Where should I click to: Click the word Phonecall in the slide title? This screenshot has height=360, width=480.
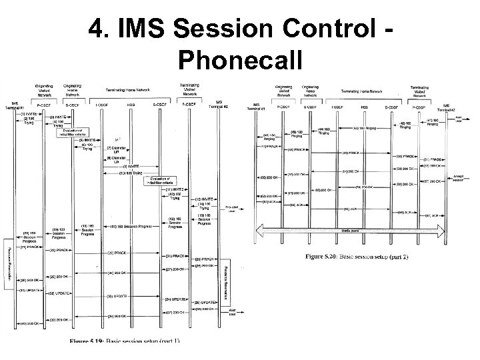click(x=240, y=61)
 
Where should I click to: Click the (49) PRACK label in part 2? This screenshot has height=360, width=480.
click(x=351, y=153)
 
